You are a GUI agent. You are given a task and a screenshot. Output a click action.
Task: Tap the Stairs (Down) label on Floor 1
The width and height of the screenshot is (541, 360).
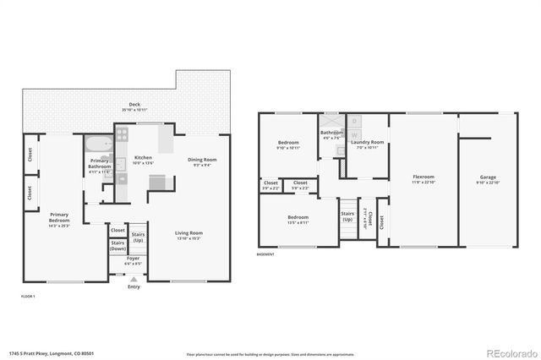[x=117, y=246]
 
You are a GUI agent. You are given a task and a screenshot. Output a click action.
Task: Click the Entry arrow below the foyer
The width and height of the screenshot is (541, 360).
[x=134, y=278]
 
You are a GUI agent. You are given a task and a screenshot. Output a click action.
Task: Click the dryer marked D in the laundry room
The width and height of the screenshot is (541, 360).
[x=355, y=121]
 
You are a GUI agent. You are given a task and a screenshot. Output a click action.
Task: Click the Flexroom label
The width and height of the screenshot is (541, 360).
[x=424, y=177]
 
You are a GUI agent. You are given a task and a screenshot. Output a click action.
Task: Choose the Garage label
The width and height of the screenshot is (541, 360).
[x=489, y=177]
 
